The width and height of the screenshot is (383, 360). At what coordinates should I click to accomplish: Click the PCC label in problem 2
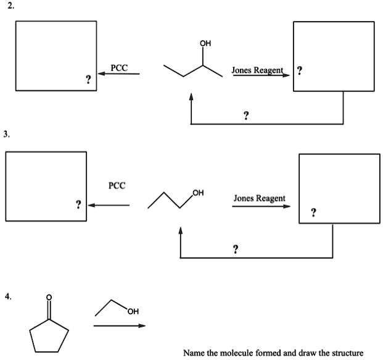click(119, 67)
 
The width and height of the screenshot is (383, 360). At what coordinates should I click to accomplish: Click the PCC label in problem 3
click(117, 185)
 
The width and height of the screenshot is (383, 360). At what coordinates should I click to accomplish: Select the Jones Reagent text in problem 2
click(257, 70)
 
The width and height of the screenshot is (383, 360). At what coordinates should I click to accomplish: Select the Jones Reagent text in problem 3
click(259, 198)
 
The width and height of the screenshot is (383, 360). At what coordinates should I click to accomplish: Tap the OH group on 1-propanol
click(198, 194)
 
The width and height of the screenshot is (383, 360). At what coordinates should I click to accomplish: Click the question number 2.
click(7, 6)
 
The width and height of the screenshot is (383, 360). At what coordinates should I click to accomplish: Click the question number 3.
click(7, 133)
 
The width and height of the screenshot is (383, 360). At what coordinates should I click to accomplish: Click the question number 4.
click(7, 296)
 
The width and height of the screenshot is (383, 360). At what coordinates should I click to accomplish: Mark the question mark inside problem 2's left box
click(88, 79)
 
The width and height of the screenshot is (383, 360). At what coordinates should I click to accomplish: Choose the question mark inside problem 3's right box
click(314, 213)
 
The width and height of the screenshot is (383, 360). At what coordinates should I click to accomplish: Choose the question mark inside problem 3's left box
click(78, 204)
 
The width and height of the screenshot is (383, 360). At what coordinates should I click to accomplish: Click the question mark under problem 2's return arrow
click(246, 115)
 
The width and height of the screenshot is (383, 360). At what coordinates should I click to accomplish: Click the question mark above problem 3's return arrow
click(236, 248)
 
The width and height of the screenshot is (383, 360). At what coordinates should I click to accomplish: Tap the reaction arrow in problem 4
click(120, 325)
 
